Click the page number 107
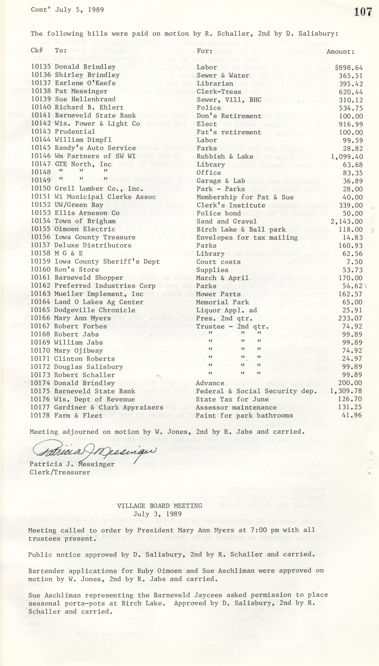[x=363, y=12]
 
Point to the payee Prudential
[x=75, y=132]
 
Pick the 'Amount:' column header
[x=340, y=51]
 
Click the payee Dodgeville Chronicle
[x=95, y=310]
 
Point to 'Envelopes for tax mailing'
[x=247, y=238]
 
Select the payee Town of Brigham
[x=85, y=221]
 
